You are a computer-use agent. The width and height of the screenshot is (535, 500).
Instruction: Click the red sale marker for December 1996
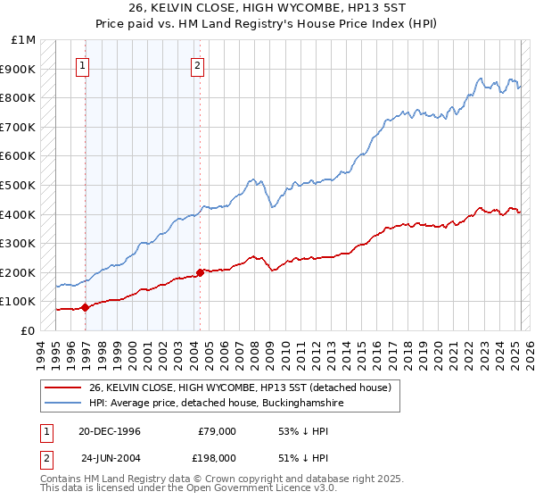[86, 307]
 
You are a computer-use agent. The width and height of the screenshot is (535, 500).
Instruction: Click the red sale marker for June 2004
[200, 272]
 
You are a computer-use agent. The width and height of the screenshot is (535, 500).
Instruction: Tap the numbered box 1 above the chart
[82, 64]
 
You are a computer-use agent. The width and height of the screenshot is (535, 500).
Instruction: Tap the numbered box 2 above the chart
[196, 64]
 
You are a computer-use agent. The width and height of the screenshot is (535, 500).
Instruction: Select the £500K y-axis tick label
[20, 185]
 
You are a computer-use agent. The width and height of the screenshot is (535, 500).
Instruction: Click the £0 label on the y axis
[27, 330]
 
